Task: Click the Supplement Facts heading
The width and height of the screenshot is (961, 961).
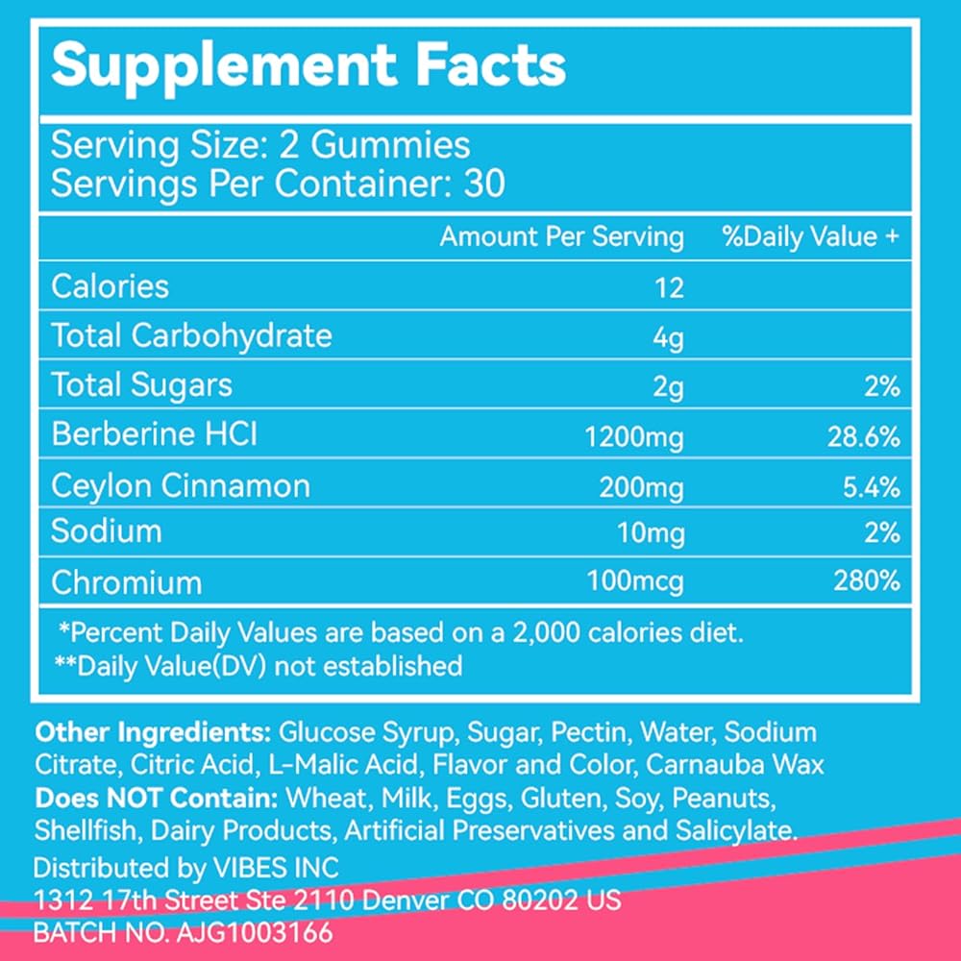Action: coord(308,64)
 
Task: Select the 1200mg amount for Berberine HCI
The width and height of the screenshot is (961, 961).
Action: coord(634,437)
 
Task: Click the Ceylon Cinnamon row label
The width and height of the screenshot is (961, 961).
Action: coord(181,485)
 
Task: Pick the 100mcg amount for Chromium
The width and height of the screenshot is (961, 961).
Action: coord(634,582)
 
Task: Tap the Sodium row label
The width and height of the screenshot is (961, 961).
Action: coord(107,531)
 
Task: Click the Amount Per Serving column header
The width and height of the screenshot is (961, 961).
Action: coord(561,236)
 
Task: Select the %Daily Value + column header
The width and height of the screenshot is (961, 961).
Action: coord(810,236)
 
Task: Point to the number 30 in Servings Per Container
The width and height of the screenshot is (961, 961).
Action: coord(482,184)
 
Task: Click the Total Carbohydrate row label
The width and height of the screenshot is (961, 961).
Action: coord(191,335)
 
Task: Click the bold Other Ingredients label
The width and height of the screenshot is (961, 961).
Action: coord(153,732)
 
